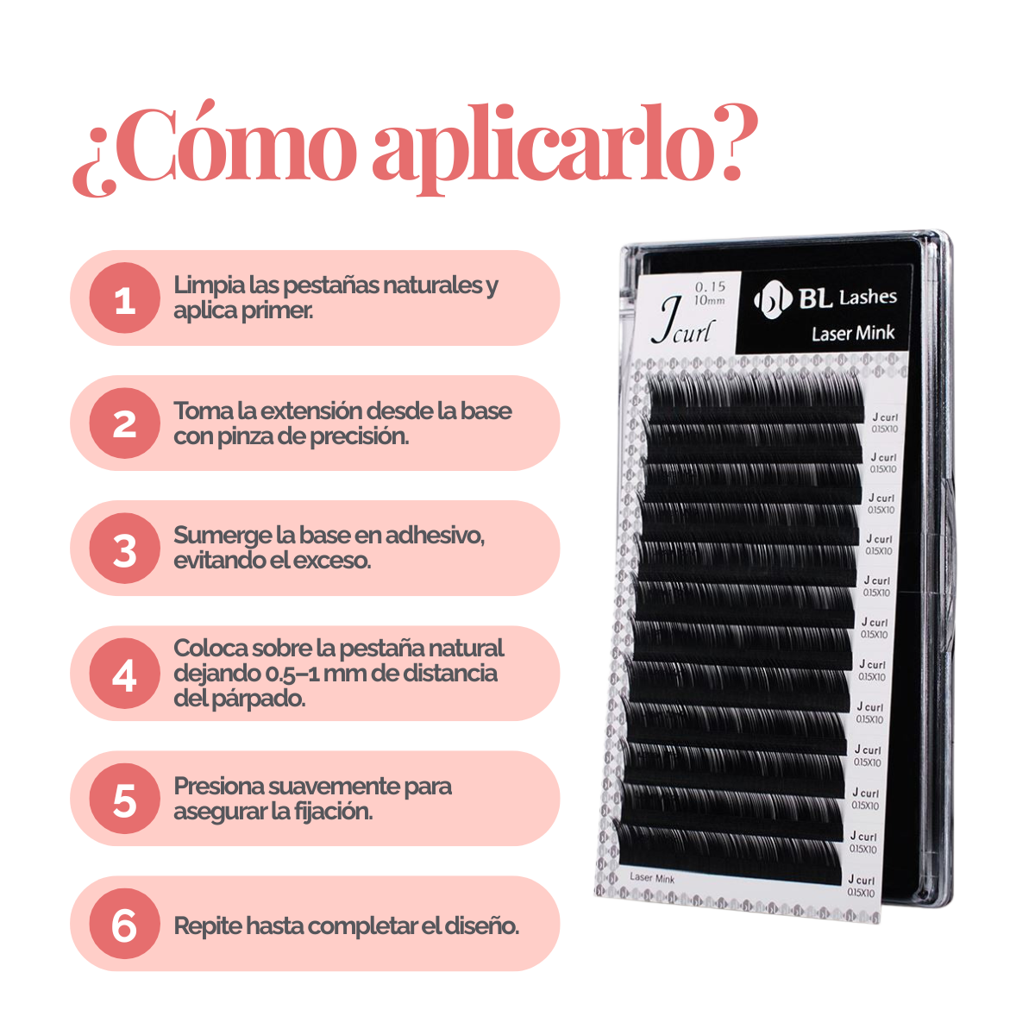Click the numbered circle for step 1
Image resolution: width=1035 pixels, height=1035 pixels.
(x=125, y=298)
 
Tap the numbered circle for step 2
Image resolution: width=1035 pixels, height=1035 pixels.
(x=125, y=423)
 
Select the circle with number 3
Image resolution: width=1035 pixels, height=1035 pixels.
(x=125, y=549)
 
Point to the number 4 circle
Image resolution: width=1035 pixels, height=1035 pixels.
(x=125, y=674)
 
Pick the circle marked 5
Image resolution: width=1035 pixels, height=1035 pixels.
(x=125, y=799)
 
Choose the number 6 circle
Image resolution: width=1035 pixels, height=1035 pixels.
(x=125, y=925)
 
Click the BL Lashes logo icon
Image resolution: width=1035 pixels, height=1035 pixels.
(x=772, y=299)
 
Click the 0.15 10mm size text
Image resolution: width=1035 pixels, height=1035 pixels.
(x=710, y=292)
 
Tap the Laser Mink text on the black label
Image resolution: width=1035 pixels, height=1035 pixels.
(x=852, y=333)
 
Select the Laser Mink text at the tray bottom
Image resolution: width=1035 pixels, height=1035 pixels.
(x=652, y=878)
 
